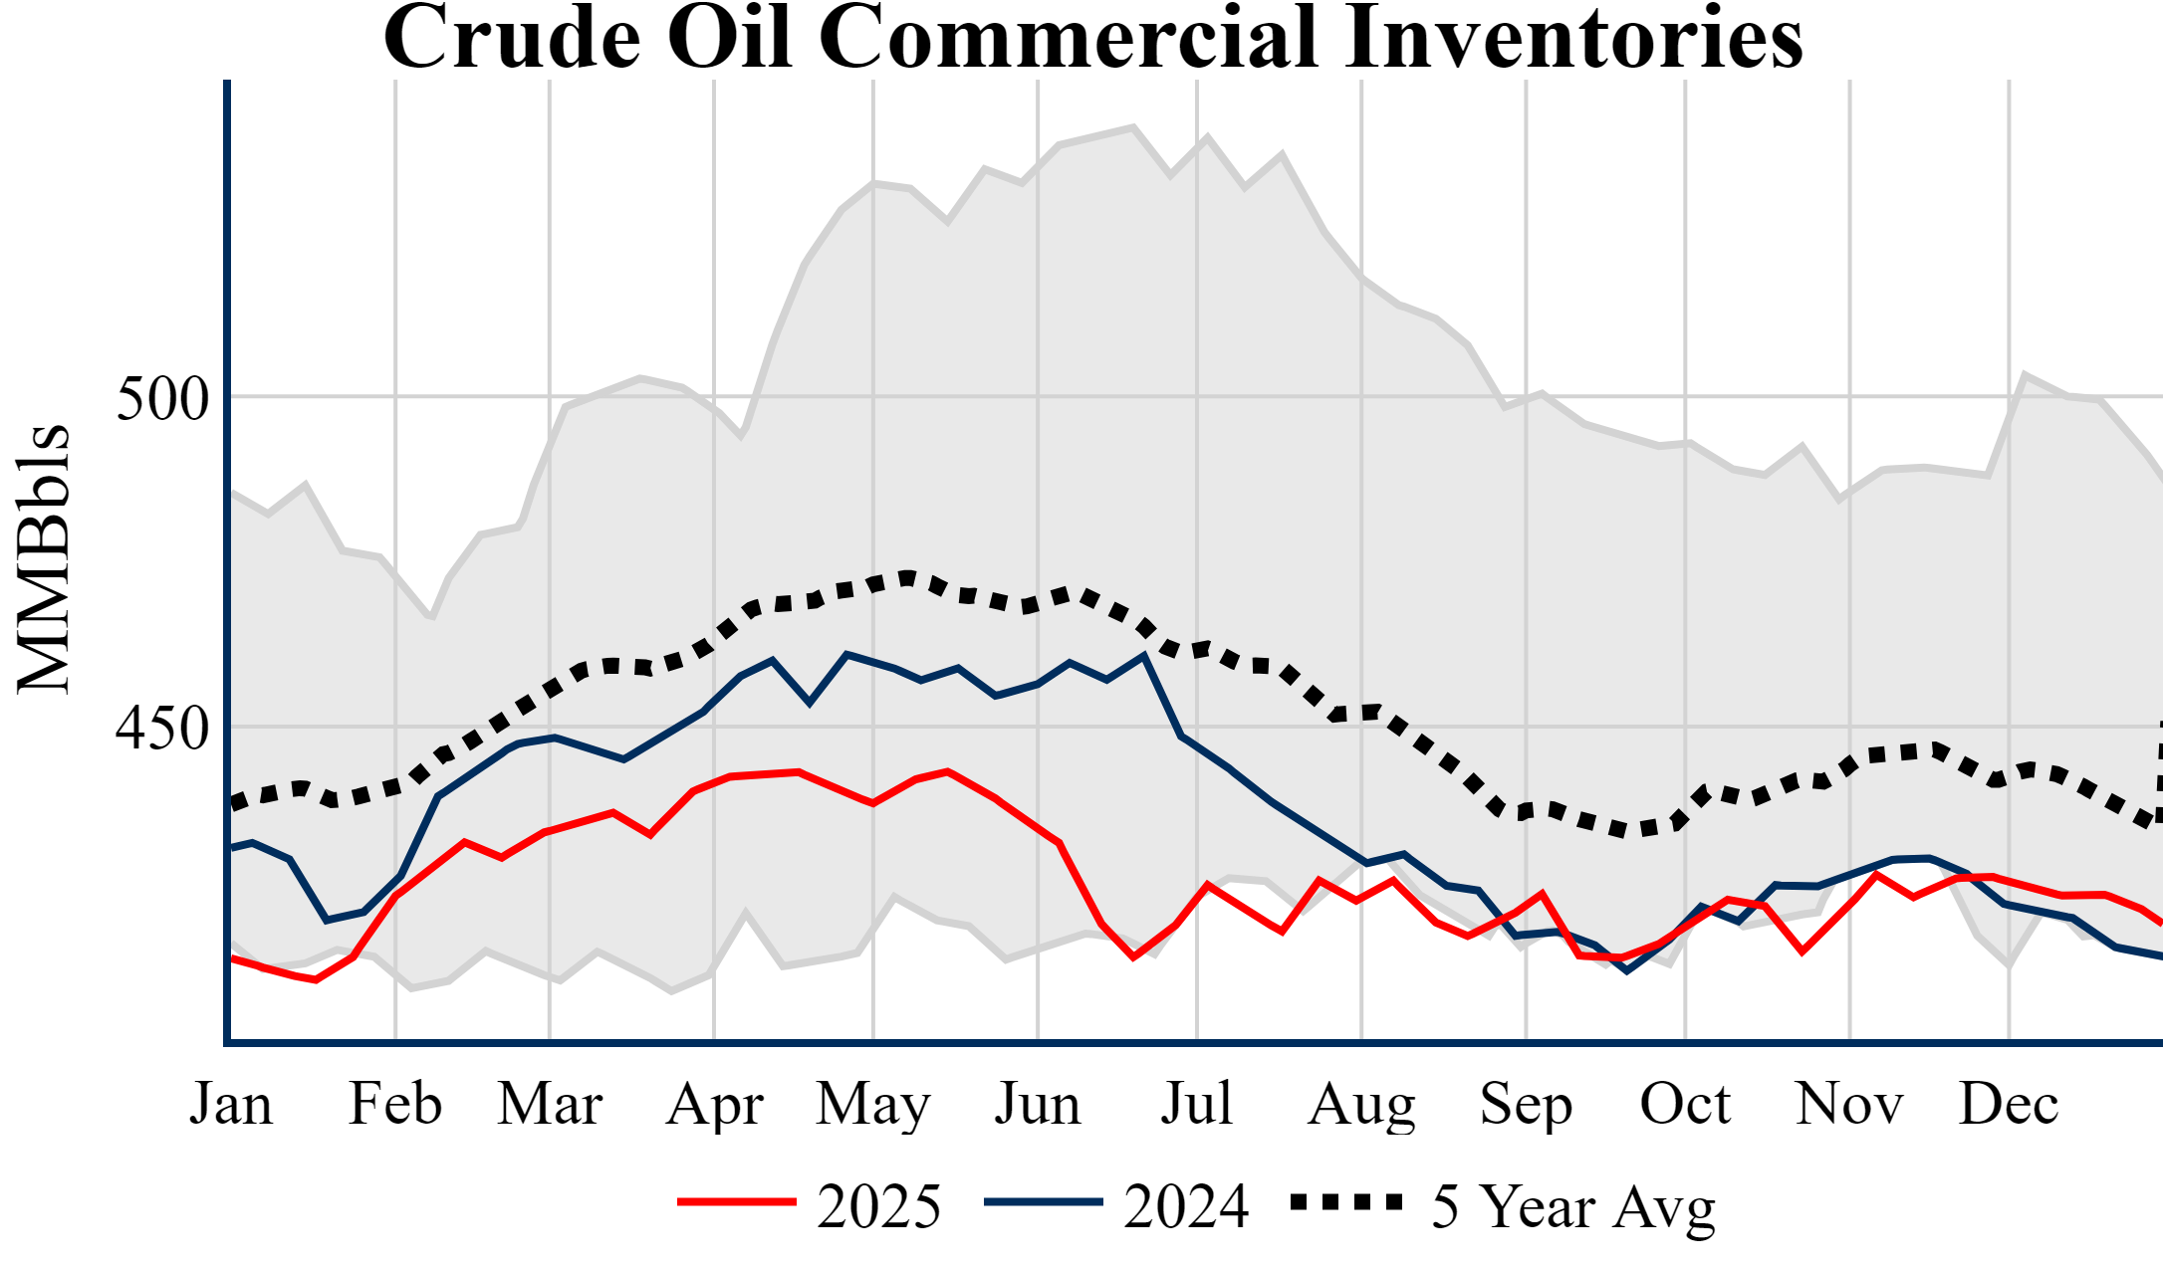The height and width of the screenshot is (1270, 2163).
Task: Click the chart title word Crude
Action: (512, 38)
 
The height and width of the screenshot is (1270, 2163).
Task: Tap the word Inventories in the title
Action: (1573, 38)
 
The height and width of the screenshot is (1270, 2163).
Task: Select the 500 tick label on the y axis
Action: (162, 399)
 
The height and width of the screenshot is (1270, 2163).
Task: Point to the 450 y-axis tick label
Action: (162, 729)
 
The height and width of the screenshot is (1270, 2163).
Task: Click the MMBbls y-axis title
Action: (44, 558)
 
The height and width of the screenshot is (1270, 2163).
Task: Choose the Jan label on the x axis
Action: (231, 1104)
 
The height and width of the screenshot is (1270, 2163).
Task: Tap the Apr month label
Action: (714, 1104)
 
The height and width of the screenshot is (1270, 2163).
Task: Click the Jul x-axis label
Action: (1196, 1104)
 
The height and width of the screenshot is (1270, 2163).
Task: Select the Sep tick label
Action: (1526, 1104)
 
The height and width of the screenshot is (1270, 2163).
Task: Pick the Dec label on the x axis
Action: (2009, 1104)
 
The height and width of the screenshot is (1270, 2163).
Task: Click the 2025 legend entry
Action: (878, 1206)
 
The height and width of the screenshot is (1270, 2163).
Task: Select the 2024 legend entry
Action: (1186, 1206)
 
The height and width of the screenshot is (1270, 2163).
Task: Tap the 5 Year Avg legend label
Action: (1573, 1206)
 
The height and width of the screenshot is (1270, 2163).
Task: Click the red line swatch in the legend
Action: (737, 1202)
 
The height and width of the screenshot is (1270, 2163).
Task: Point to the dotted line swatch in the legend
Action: (1346, 1202)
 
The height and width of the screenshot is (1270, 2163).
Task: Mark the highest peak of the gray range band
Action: (1133, 127)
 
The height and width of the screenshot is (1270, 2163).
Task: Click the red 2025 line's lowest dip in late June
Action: (1133, 956)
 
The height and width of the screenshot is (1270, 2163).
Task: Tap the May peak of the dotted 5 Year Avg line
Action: (907, 576)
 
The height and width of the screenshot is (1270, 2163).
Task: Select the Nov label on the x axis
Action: (1849, 1104)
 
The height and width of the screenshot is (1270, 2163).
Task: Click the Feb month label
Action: (395, 1104)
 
